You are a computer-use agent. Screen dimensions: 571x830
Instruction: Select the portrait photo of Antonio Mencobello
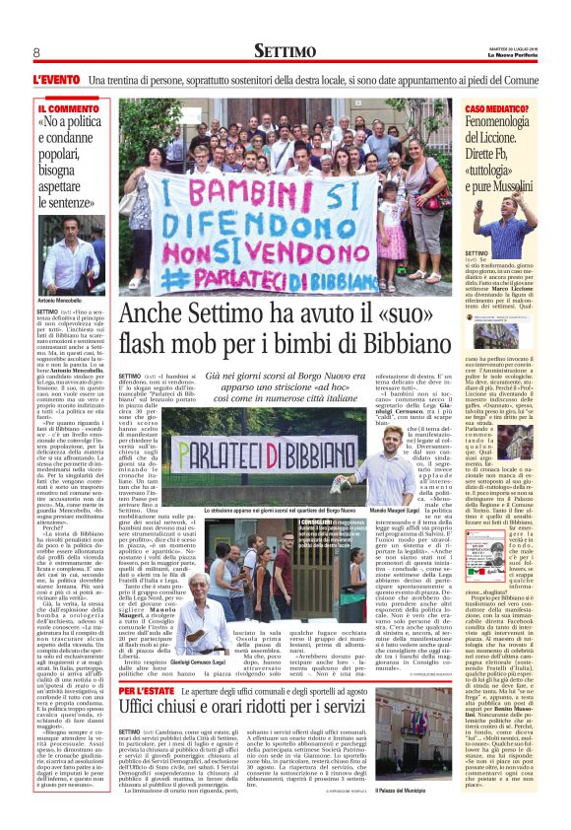coord(69,256)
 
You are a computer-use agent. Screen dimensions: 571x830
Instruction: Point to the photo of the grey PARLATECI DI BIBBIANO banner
coord(268,455)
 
